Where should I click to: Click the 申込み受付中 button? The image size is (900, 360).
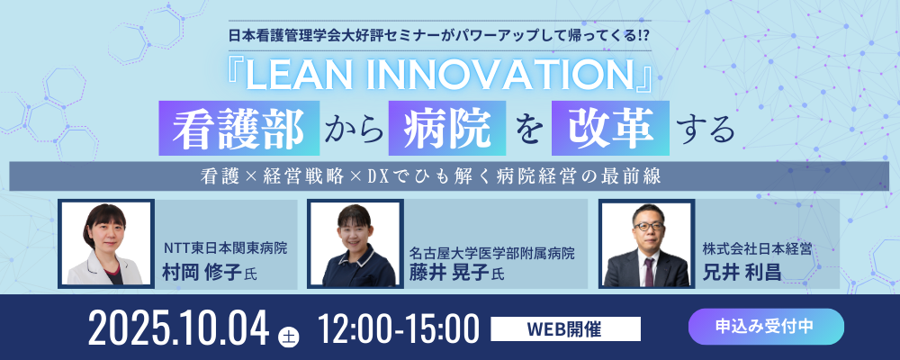[766, 326]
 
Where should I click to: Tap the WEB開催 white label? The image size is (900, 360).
[565, 329]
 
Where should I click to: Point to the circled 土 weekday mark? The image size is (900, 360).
[287, 337]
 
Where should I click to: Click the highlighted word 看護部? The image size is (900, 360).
[238, 128]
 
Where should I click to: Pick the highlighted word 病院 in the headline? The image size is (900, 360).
[447, 128]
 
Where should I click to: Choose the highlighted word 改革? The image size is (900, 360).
[610, 128]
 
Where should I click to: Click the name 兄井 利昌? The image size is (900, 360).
[742, 272]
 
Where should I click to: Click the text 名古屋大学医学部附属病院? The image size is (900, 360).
[492, 253]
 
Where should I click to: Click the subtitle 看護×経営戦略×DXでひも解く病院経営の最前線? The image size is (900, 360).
[431, 176]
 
